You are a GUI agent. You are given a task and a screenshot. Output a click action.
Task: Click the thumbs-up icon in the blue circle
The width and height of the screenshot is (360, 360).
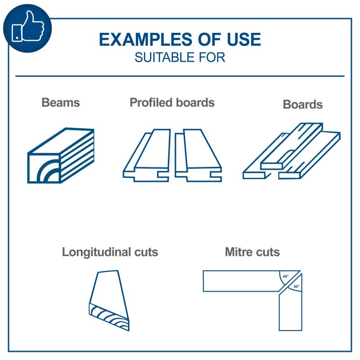click(27, 27)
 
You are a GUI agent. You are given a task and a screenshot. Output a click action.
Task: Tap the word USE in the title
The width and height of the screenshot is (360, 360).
click(244, 39)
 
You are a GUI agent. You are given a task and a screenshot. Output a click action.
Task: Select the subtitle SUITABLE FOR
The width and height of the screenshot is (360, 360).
click(180, 58)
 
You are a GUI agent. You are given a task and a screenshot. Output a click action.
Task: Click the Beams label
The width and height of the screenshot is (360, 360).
click(61, 103)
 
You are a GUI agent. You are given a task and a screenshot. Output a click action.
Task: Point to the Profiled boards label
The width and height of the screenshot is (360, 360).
click(172, 103)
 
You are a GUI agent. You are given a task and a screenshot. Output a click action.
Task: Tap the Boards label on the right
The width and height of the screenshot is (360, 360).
click(302, 104)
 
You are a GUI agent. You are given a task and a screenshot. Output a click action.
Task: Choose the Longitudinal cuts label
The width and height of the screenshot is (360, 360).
click(110, 252)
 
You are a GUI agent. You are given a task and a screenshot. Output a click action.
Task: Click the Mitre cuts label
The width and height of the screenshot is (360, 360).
click(252, 252)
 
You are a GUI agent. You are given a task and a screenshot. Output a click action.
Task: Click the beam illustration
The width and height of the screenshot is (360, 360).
click(61, 155)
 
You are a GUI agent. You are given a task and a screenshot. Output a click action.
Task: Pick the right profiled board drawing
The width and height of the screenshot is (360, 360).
click(198, 155)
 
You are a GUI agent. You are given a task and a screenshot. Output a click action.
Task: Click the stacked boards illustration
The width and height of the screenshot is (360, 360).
click(292, 151)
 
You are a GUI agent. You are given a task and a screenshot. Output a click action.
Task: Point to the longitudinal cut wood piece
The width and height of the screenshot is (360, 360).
click(109, 301)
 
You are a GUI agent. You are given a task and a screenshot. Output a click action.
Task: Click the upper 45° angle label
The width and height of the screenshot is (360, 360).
click(285, 276)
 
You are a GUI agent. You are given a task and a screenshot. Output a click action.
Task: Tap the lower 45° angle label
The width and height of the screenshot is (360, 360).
click(297, 287)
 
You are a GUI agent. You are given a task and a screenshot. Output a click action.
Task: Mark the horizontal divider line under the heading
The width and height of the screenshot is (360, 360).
click(180, 76)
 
